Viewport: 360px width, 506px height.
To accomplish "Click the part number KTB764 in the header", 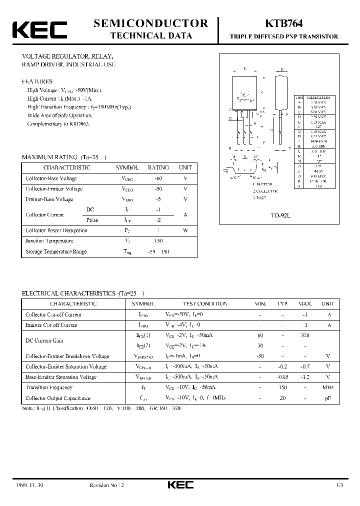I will [283, 23].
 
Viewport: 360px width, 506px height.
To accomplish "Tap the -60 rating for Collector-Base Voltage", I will [158, 178].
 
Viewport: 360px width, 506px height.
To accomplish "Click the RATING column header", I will [158, 168].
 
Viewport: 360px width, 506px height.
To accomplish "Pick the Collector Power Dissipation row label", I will [56, 230].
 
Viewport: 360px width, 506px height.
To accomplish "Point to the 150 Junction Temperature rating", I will [158, 241].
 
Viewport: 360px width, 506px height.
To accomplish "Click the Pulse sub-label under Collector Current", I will [92, 220].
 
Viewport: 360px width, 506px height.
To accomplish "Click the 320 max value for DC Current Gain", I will [304, 335].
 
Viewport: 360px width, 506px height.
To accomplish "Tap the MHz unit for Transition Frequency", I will [327, 387].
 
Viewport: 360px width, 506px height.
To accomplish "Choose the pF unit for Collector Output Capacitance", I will [327, 398].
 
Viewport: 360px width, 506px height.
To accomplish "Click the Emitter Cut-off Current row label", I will [51, 325].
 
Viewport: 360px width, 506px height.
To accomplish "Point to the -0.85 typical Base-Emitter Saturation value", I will [283, 377].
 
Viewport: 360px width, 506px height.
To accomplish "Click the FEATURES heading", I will [37, 81].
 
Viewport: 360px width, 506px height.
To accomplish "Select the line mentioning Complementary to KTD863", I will [58, 123].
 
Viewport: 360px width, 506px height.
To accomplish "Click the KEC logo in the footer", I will [180, 485].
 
